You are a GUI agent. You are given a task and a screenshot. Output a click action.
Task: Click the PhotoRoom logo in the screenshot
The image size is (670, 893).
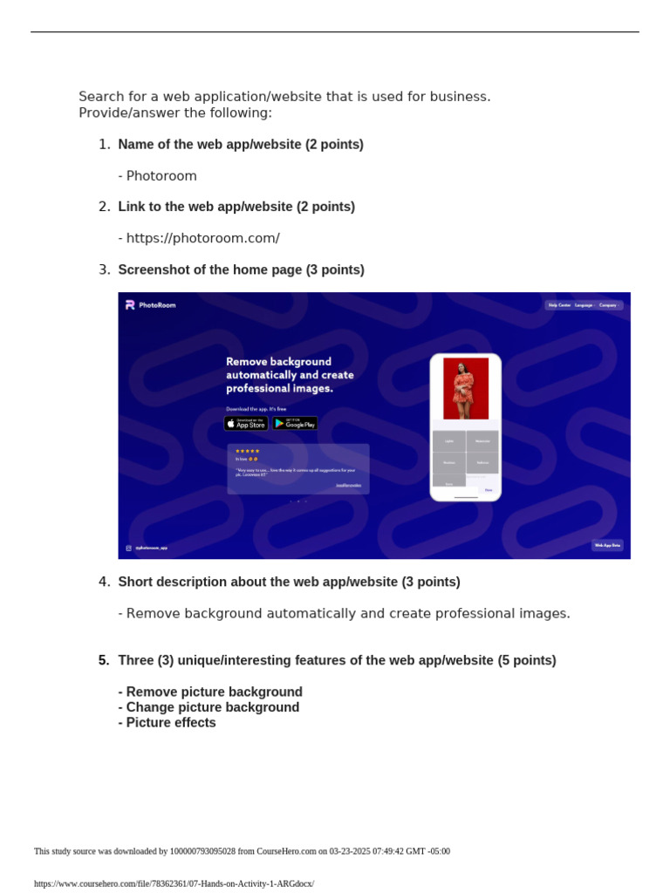coord(150,305)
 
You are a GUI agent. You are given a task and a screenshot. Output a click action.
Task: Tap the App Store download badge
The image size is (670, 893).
coord(246,423)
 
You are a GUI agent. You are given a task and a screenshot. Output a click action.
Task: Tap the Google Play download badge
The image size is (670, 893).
coord(295,423)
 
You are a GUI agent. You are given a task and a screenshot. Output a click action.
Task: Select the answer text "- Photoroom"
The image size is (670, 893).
coord(158,176)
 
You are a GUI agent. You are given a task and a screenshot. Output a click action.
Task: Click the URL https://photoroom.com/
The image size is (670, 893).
coord(202,238)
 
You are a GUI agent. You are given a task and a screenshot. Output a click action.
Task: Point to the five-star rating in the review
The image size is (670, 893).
coord(248,451)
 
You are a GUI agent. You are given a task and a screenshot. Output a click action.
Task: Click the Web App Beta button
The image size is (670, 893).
coord(607,545)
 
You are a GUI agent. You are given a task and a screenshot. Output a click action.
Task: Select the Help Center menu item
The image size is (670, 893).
coord(559,305)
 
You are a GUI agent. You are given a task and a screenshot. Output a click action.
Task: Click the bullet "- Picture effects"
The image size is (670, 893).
coord(167,723)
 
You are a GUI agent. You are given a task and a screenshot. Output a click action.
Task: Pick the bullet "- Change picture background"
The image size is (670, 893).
coord(209,707)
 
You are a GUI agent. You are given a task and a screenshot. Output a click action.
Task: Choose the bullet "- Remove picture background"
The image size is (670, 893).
coord(210,692)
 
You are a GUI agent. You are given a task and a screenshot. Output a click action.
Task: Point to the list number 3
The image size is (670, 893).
coord(104,269)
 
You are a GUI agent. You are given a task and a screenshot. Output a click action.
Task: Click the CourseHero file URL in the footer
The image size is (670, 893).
coord(174,883)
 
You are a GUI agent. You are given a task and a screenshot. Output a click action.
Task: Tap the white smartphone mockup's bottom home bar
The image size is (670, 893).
coord(466,497)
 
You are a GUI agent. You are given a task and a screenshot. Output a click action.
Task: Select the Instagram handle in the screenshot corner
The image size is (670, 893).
coord(150,548)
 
